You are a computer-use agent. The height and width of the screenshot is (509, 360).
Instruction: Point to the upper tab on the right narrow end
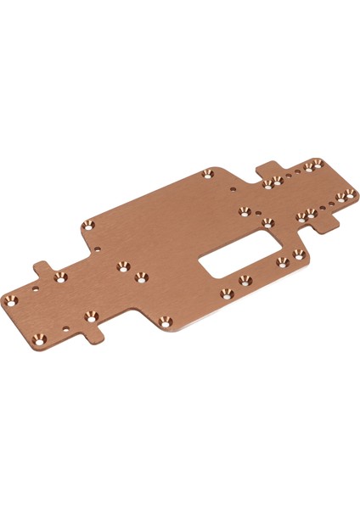click(268, 168)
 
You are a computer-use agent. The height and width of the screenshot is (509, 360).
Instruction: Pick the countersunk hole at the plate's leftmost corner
click(12, 300)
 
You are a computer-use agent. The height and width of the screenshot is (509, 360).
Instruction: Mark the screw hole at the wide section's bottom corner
click(165, 320)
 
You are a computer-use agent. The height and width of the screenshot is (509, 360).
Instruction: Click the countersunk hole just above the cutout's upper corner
click(267, 223)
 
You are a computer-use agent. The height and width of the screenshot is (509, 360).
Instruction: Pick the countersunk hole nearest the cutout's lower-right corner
click(296, 254)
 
